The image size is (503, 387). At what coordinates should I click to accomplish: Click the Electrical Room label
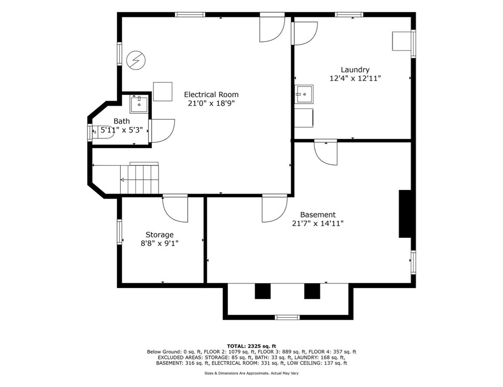[211, 94]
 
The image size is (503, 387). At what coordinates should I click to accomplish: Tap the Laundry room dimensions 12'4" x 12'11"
[355, 79]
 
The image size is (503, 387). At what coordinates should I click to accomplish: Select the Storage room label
[159, 234]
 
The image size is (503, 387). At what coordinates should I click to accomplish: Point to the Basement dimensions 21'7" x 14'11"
[317, 223]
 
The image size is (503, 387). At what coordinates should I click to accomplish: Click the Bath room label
[122, 121]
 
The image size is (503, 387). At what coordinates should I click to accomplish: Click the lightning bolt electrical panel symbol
[136, 61]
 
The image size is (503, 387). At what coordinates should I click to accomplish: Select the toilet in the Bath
[93, 131]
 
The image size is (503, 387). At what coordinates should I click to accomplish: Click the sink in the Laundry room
[304, 93]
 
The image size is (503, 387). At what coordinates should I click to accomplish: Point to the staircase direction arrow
[123, 179]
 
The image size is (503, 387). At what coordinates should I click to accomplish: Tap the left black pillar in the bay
[262, 291]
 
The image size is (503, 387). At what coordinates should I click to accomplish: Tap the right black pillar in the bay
[312, 291]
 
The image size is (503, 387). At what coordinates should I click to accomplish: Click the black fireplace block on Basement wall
[405, 214]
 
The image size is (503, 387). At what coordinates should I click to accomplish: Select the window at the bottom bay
[287, 318]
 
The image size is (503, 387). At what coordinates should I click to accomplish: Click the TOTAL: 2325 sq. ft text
[252, 346]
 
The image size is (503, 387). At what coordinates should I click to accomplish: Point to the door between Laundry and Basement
[326, 152]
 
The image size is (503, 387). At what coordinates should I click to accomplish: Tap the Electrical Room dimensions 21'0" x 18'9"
[211, 103]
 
